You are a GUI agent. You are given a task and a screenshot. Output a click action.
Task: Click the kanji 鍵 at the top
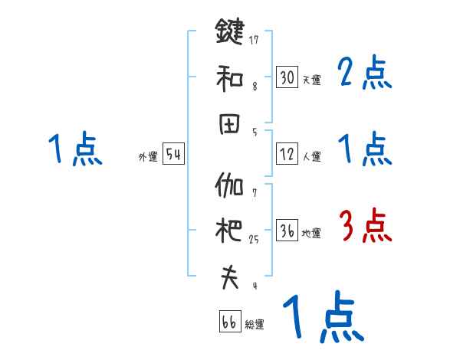pyautogui.click(x=229, y=34)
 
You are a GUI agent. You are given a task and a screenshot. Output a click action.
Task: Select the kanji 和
pyautogui.click(x=229, y=77)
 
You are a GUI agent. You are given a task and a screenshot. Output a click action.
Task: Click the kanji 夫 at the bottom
pyautogui.click(x=229, y=277)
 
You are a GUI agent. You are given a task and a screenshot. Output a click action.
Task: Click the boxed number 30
pyautogui.click(x=287, y=77)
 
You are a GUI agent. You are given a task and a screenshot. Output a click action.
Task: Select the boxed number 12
pyautogui.click(x=287, y=154)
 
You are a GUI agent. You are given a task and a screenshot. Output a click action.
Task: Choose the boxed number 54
pyautogui.click(x=173, y=155)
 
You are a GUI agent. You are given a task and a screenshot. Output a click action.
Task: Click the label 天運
pyautogui.click(x=311, y=79)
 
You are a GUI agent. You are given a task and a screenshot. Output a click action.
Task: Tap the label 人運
pyautogui.click(x=311, y=156)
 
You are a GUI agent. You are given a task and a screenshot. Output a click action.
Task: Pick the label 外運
pyautogui.click(x=148, y=156)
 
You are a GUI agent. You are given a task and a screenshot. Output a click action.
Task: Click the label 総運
pyautogui.click(x=255, y=324)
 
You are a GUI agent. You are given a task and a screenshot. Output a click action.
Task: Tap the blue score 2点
pyautogui.click(x=365, y=74)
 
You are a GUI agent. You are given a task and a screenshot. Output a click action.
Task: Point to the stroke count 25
pyautogui.click(x=254, y=239)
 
